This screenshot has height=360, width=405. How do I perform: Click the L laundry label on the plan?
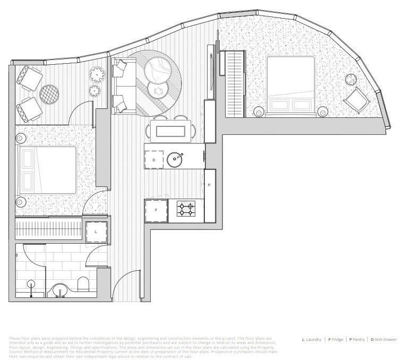click(x=96, y=232)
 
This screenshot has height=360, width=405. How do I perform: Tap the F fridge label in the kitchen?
click(x=156, y=210)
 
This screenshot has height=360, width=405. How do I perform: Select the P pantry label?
click(x=209, y=185)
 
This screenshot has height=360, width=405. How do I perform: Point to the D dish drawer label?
click(x=154, y=159)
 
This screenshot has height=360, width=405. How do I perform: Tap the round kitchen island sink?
click(x=175, y=159)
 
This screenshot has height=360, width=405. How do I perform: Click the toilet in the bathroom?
click(x=83, y=284)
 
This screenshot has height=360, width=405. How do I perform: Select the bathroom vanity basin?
click(x=59, y=290)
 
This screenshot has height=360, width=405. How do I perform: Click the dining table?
click(x=170, y=131)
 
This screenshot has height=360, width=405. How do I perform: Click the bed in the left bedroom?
click(x=48, y=170)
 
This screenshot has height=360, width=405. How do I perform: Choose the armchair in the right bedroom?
click(x=355, y=100)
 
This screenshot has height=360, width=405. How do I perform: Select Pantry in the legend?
click(x=359, y=339)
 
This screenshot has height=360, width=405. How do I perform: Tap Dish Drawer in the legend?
click(x=386, y=339)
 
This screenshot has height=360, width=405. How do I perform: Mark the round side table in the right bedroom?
click(x=351, y=80)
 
